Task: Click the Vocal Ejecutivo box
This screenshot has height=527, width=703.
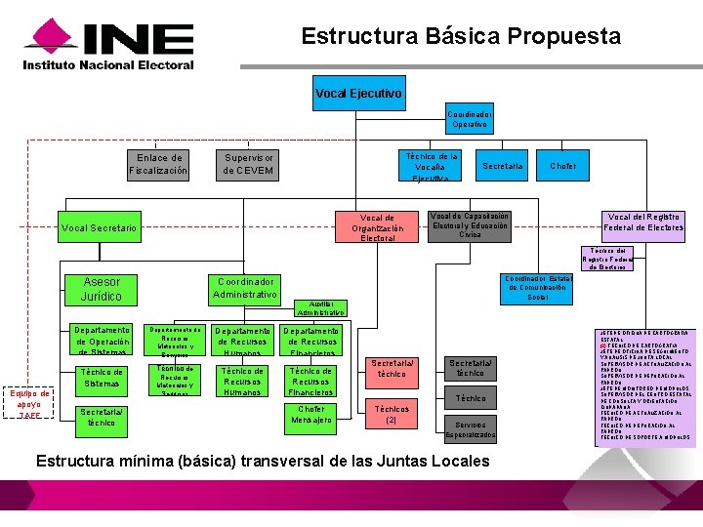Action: click(x=358, y=93)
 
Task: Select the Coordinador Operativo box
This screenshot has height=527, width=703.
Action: click(x=470, y=119)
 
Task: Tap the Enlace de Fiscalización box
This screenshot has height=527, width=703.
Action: click(x=158, y=164)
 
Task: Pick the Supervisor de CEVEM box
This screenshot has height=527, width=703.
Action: click(x=249, y=164)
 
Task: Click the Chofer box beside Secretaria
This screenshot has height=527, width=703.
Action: click(x=562, y=166)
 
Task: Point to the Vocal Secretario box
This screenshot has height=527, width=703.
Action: click(x=99, y=227)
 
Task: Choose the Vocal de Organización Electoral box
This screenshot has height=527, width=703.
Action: click(x=377, y=227)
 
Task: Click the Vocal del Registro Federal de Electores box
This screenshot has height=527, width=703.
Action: click(x=644, y=223)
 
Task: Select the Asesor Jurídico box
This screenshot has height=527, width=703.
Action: click(x=102, y=289)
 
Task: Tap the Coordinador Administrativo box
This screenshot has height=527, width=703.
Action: click(x=245, y=288)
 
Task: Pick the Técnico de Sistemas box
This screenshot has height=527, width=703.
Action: click(x=102, y=378)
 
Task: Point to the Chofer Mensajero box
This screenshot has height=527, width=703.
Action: click(x=311, y=415)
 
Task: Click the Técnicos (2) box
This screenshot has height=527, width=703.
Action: click(x=392, y=415)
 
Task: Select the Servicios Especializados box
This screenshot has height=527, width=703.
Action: click(x=470, y=429)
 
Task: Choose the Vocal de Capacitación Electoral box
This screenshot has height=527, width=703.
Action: click(x=470, y=224)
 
